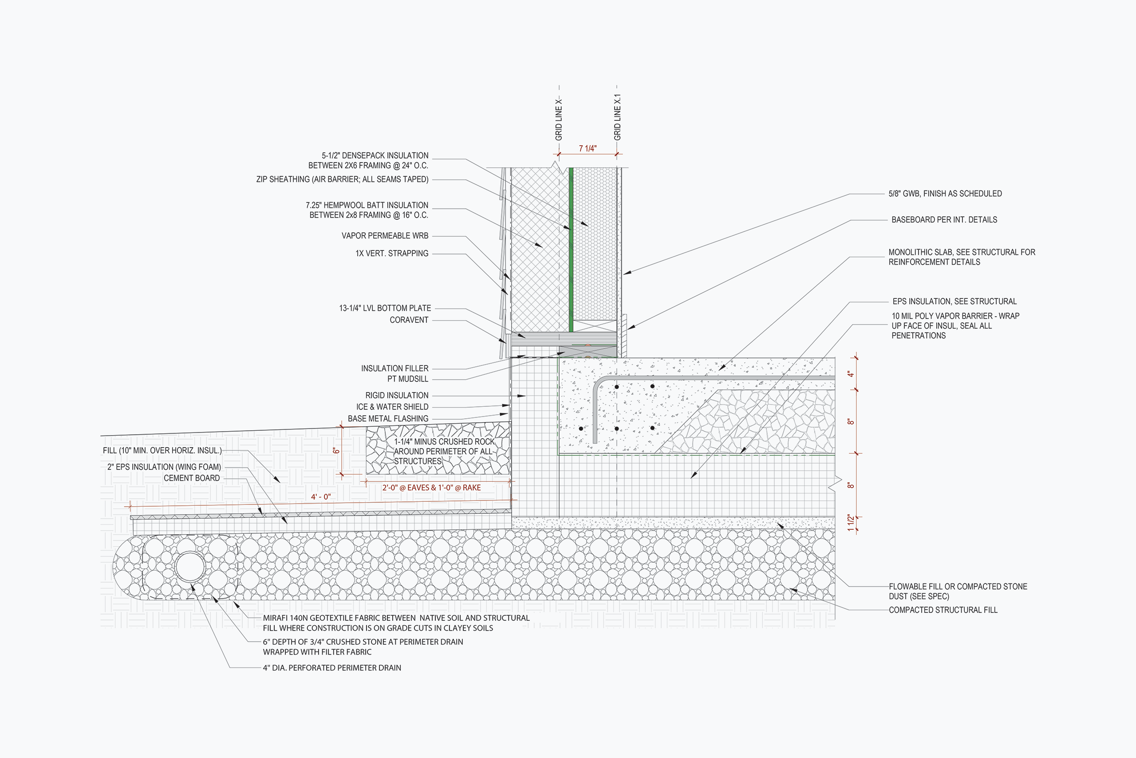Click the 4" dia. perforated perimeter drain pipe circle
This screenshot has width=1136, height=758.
[190, 567]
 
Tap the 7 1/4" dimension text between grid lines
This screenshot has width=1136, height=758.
[588, 148]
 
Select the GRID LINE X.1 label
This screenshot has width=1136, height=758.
[617, 118]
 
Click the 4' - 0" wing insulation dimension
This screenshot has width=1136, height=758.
[321, 497]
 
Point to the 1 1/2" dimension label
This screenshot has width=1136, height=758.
[851, 523]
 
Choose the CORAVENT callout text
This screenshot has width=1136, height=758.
[409, 320]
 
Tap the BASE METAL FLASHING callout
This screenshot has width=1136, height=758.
[388, 419]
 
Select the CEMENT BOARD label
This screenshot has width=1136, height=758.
[192, 478]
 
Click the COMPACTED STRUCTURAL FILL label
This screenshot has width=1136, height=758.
[943, 610]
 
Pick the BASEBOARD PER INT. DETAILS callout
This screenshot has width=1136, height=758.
[944, 220]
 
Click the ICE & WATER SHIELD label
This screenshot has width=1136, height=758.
[392, 407]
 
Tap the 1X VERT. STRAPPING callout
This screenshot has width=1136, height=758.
[392, 253]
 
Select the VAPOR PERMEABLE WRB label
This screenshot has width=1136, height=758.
[385, 236]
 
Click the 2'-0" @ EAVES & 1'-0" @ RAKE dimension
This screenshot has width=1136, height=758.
[431, 488]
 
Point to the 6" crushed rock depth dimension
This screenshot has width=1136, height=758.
[337, 451]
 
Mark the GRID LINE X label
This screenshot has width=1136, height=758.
[559, 119]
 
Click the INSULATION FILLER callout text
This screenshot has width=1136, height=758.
[394, 369]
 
